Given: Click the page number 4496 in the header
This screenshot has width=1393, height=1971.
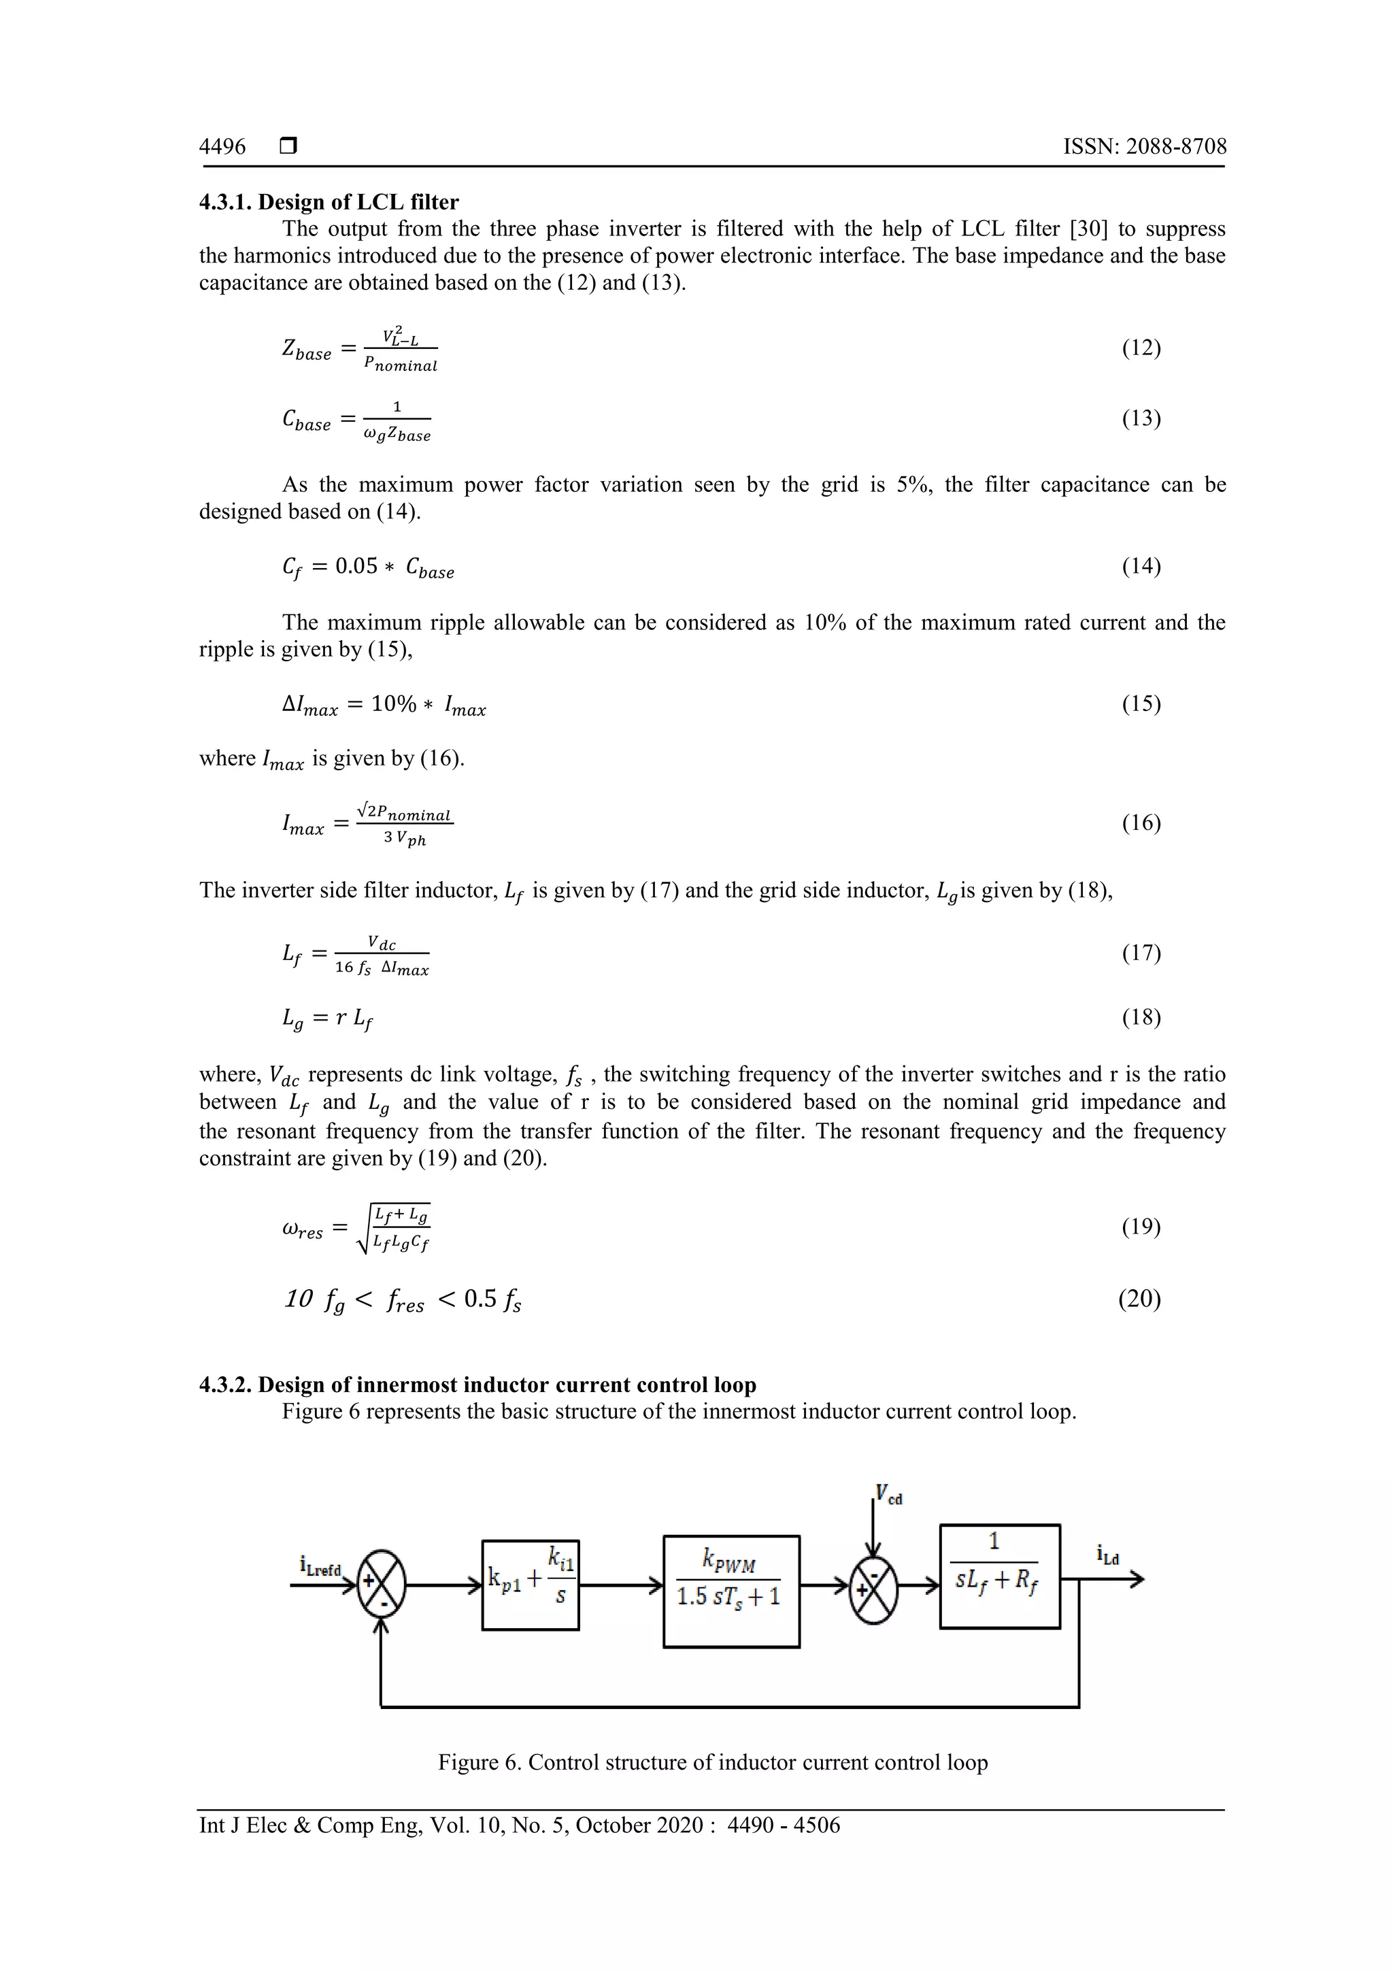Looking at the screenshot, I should [222, 147].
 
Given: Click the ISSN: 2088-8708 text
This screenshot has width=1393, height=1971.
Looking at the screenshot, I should [1144, 147].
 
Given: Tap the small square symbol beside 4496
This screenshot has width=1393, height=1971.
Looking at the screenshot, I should [288, 147].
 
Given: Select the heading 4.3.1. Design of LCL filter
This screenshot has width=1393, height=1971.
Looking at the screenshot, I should [329, 202].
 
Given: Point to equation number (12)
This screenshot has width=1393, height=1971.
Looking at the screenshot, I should [1141, 348].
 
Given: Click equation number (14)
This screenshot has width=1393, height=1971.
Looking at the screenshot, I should [1141, 567].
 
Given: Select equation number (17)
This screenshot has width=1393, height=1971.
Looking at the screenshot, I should [1141, 953].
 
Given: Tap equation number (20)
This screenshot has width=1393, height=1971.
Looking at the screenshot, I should [1139, 1299].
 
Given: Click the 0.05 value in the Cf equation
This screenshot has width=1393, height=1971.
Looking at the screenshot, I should [356, 567].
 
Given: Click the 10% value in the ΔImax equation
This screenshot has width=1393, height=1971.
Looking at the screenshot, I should [393, 704].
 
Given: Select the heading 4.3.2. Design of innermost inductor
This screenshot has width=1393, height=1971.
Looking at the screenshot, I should [477, 1385].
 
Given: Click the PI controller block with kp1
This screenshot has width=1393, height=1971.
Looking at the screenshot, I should [531, 1585].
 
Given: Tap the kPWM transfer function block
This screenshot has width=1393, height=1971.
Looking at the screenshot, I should [731, 1591].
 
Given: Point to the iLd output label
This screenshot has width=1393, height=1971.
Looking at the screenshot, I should [1107, 1555].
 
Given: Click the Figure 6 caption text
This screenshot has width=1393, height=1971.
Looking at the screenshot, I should [712, 1762].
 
